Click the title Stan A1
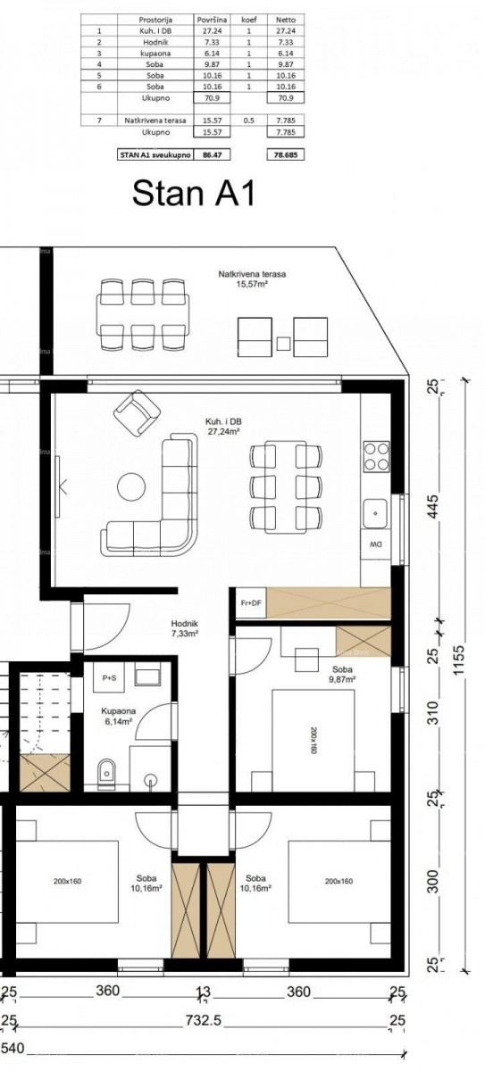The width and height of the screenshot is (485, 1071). [x=193, y=192]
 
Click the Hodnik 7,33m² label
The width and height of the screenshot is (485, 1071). [x=184, y=628]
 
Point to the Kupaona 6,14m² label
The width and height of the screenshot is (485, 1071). [x=117, y=716]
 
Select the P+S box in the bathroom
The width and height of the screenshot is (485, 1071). [x=111, y=678]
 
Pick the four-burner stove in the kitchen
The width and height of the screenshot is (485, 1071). [x=376, y=456]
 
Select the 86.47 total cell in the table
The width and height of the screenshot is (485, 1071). [x=212, y=154]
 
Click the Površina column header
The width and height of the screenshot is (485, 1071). [x=212, y=19]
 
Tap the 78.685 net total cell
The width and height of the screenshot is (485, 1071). [x=286, y=154]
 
